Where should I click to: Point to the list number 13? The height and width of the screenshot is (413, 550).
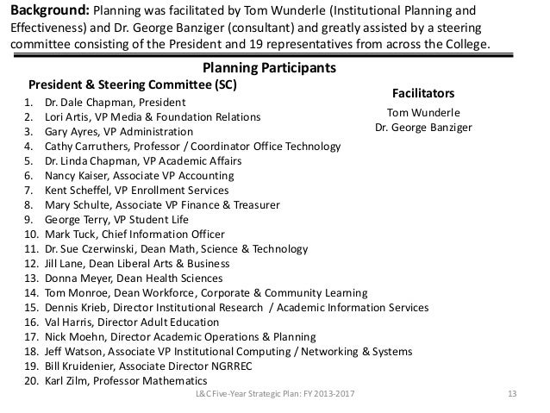(x=29, y=278)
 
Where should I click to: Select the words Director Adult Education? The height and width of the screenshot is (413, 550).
(x=157, y=322)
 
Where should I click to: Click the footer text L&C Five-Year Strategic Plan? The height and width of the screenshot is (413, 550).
(x=259, y=396)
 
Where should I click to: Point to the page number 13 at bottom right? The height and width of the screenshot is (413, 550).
(x=512, y=396)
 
